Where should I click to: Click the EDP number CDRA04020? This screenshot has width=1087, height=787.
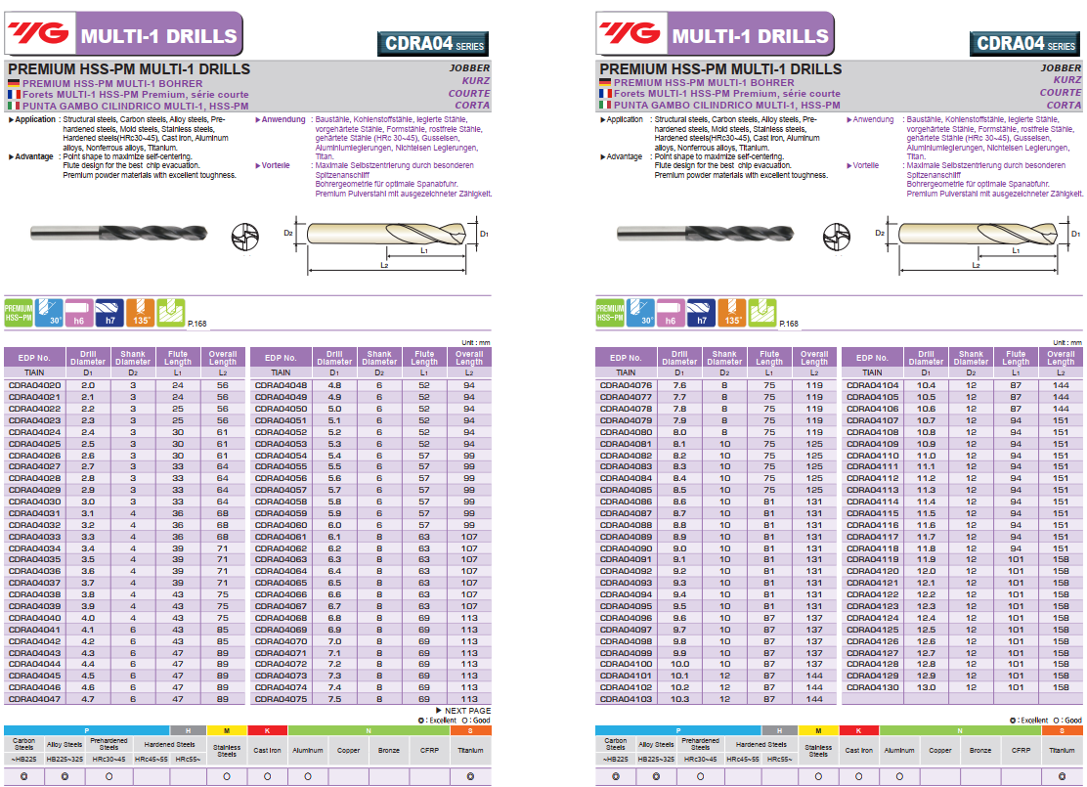coord(34,385)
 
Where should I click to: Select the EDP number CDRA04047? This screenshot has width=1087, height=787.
coord(34,699)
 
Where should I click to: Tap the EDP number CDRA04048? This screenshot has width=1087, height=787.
coord(281,385)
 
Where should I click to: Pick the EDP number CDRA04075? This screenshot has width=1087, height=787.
coord(281,699)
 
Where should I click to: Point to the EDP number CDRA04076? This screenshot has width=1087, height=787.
coord(627,385)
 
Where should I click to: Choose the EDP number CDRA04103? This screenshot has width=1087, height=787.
coord(627,699)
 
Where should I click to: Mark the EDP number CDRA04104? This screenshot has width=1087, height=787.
coord(872,385)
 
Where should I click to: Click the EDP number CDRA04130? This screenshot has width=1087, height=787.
coord(872,687)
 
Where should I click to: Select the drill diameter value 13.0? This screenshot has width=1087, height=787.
coord(926,687)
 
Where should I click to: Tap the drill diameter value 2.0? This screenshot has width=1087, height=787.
coord(88,385)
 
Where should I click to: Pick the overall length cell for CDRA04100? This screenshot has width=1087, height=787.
coord(814,664)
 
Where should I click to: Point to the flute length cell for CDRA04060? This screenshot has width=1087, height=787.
coord(423,525)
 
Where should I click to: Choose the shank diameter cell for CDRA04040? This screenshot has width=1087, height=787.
coord(133,618)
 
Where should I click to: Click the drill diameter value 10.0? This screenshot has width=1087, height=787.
coord(679,664)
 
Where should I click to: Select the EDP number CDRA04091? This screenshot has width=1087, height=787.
coord(627,559)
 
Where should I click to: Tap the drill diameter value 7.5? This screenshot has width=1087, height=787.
coord(334,699)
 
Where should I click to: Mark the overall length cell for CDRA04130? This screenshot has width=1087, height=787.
coord(1061,687)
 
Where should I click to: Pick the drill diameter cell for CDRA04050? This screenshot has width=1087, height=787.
coord(334,409)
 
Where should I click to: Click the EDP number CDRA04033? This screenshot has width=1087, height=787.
coord(34,537)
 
